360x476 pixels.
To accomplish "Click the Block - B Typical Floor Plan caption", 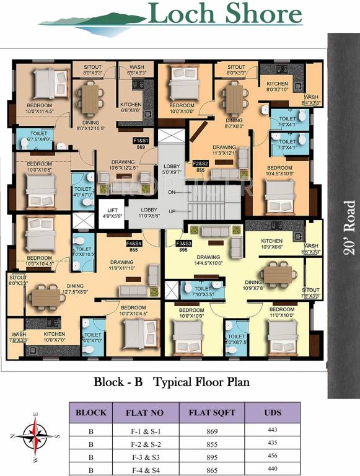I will [x=172, y=382].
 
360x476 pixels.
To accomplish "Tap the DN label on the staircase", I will [x=172, y=193].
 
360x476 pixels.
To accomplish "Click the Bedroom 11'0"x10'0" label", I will [x=281, y=312].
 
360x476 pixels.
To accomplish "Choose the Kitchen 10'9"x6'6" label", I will [x=271, y=244].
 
